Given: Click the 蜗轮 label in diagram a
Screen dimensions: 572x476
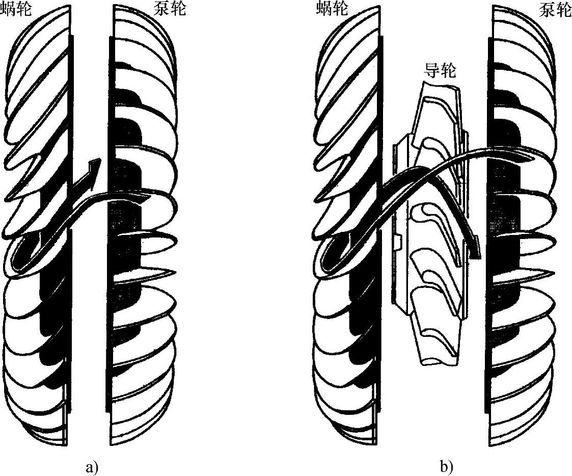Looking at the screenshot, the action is [x=17, y=9].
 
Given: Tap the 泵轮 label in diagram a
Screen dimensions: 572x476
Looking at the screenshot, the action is [x=170, y=9].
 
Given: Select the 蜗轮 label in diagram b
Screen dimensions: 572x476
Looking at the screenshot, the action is [x=331, y=9].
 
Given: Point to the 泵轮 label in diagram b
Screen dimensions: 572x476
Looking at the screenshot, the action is [x=555, y=9].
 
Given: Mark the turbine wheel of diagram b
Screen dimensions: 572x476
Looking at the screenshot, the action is [x=346, y=229].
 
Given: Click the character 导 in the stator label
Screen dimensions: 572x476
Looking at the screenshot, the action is [x=431, y=70].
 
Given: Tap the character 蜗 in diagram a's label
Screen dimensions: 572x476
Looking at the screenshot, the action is [x=9, y=9].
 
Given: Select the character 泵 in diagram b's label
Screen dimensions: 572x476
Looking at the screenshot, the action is [x=547, y=9].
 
